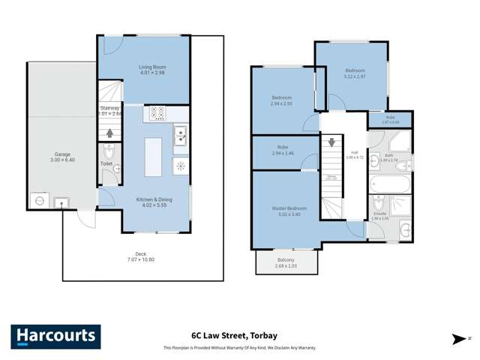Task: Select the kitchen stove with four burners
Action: pyautogui.click(x=158, y=113)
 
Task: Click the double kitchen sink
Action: pyautogui.click(x=181, y=136)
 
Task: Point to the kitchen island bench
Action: pyautogui.click(x=153, y=156)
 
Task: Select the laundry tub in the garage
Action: pyautogui.click(x=61, y=201)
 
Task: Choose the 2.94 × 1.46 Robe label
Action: pyautogui.click(x=282, y=150)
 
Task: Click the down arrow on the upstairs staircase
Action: pyautogui.click(x=331, y=140)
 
